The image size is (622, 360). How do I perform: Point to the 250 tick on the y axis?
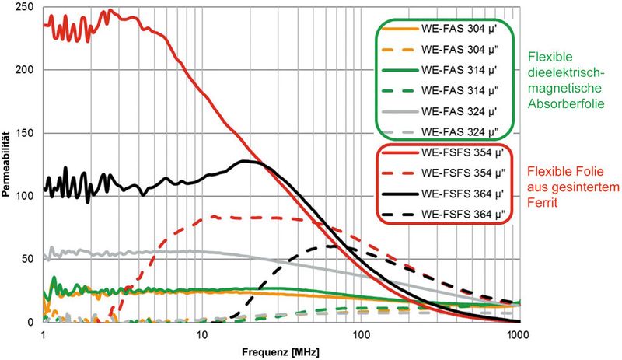(28, 7)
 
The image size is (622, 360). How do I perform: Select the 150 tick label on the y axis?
(28, 133)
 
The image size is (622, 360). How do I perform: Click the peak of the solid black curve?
(246, 161)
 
